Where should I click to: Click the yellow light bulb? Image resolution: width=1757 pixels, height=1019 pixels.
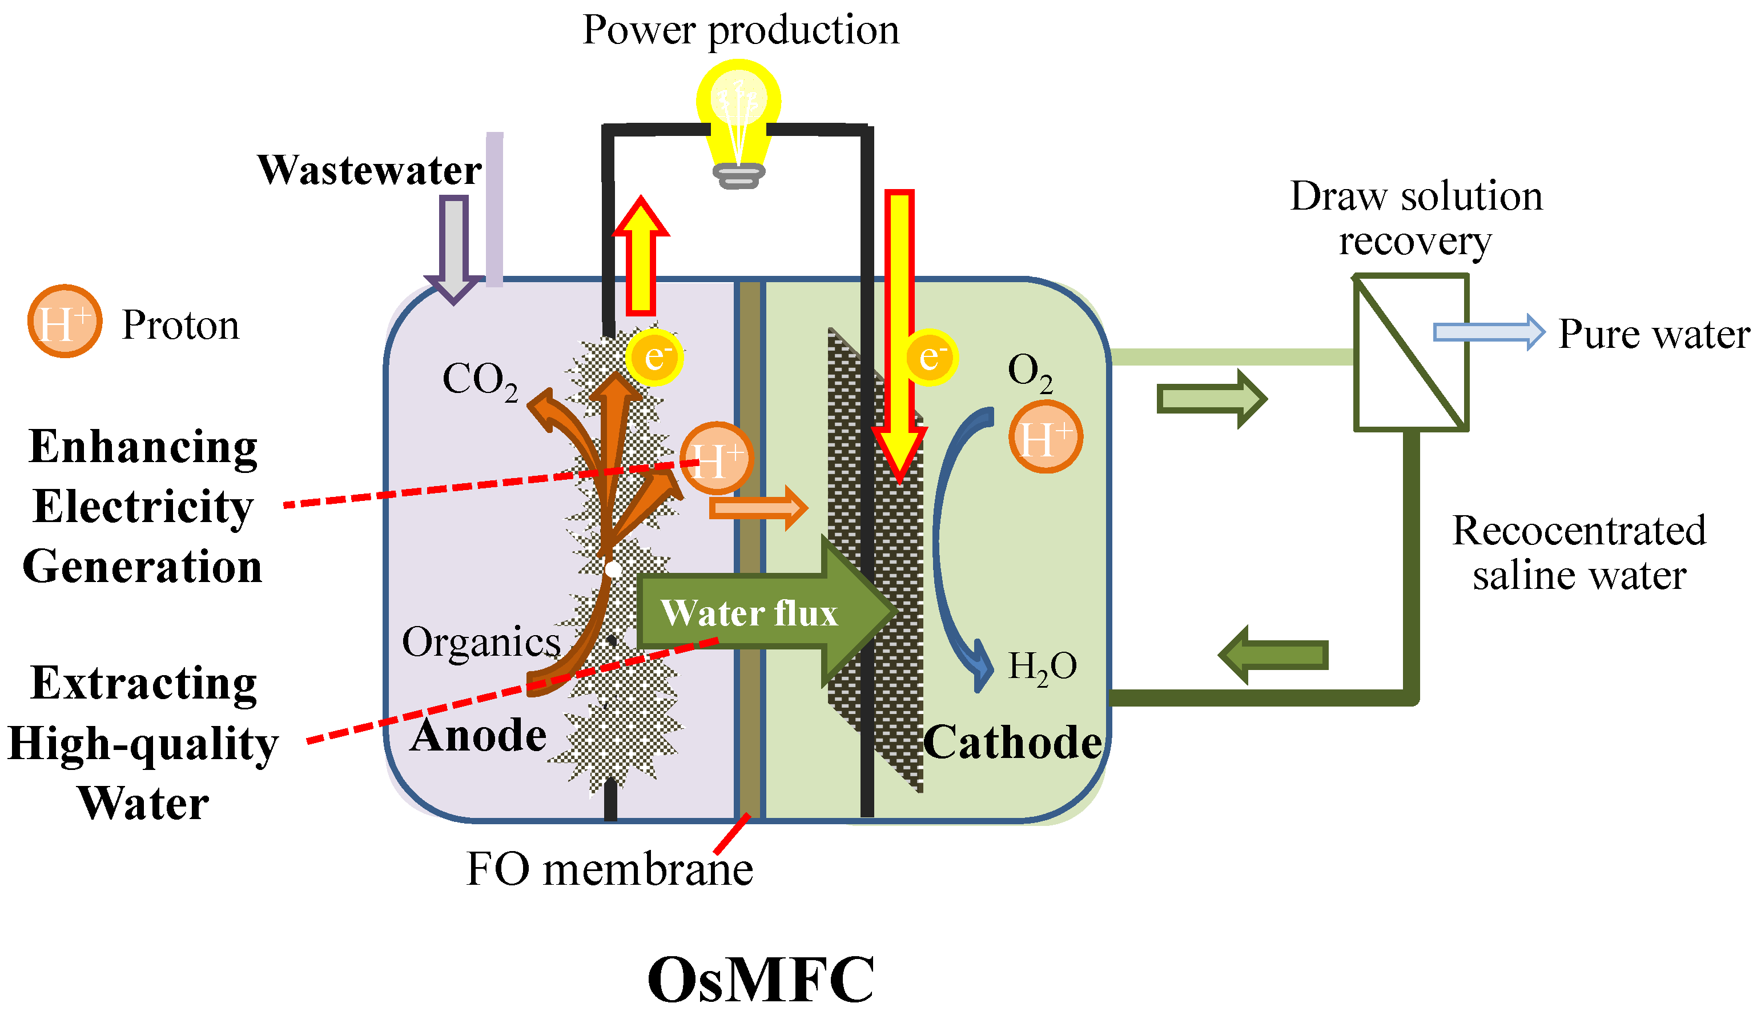coord(738,111)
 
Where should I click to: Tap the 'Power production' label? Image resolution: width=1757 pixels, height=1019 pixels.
coord(741,31)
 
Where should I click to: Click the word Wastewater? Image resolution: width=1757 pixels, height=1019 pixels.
coord(369,170)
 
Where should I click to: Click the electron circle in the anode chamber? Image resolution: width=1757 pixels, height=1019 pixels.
coord(654,357)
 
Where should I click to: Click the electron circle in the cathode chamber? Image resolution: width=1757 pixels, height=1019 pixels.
coord(931,357)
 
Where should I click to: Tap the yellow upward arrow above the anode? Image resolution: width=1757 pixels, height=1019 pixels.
coord(641,258)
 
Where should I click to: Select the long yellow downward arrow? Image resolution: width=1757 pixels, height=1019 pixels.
coord(899,328)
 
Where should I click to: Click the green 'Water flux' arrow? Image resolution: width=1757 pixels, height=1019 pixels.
coord(760,612)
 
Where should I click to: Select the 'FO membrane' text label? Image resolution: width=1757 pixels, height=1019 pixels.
coord(609,870)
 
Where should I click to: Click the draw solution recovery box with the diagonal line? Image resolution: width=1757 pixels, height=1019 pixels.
coord(1411,353)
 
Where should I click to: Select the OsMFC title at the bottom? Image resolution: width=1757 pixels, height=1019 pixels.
coord(761,980)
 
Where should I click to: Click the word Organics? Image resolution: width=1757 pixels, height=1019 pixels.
coord(481,641)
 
